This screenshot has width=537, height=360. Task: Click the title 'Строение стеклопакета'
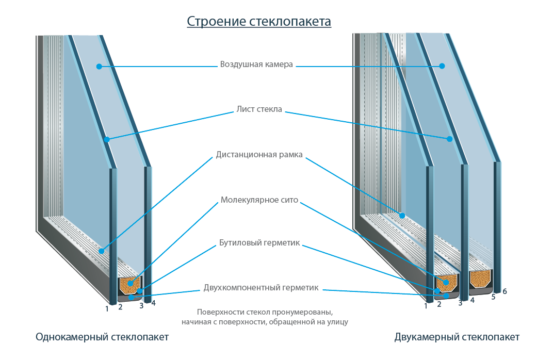click(267, 20)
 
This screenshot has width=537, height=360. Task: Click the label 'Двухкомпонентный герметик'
click(267, 287)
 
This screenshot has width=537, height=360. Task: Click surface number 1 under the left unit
click(107, 309)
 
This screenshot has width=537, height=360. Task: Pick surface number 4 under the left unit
click(153, 300)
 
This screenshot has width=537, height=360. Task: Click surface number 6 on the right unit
click(505, 291)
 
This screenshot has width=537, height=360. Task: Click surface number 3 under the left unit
click(141, 304)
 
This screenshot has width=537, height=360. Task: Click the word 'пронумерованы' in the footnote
click(300, 312)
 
